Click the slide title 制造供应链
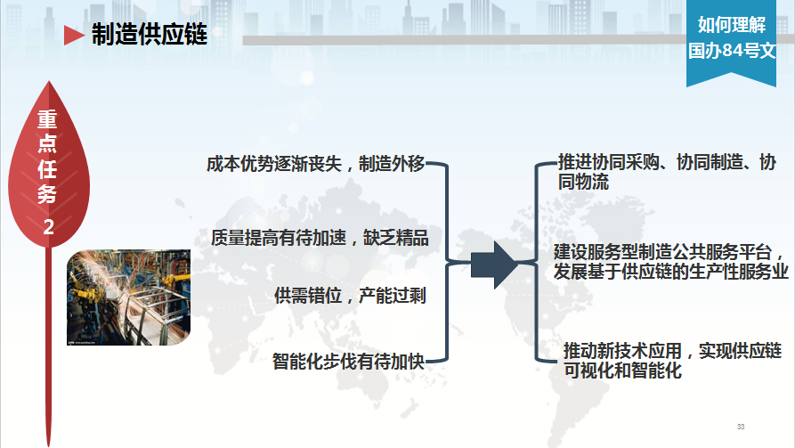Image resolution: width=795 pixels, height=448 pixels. pos(150,35)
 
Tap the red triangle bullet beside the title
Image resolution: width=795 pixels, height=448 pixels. pos(74,35)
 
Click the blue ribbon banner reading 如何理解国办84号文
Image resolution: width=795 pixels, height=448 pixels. pos(731,43)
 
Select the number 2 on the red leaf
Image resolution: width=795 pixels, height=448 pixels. pos(49,227)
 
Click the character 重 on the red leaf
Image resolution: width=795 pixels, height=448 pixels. pos(48,119)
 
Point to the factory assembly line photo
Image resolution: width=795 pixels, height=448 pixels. pos(129,297)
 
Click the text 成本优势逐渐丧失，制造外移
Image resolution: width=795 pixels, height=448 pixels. pos(315,164)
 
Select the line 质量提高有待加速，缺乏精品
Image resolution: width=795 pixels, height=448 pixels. pos(320,238)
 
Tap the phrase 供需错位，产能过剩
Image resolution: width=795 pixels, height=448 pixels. pos(350,296)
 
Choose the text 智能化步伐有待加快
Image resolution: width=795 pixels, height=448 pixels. pos(348,362)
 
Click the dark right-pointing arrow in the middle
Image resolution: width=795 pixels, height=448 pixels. pos(494,265)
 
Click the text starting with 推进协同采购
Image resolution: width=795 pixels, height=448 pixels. pos(667,172)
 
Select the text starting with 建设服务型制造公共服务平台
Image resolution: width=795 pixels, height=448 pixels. pos(670,262)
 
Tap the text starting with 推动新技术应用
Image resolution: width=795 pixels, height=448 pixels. pos(672,361)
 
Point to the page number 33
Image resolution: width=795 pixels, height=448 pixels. pos(741,427)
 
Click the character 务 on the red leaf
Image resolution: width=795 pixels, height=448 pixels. pos(47,193)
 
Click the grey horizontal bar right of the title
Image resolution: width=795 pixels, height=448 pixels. pos(465,39)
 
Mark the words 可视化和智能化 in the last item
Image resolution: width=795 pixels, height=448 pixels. pos(622,371)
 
